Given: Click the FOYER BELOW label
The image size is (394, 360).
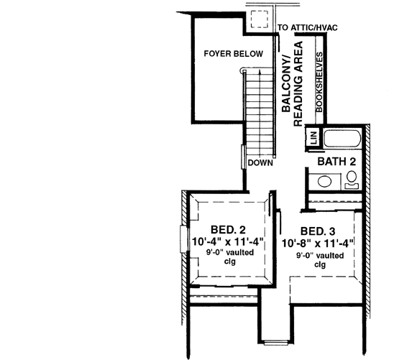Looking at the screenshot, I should [x=233, y=54].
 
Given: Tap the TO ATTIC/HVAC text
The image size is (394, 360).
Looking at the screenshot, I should [x=307, y=28].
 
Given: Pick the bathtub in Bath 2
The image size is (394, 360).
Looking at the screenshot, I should [x=342, y=139].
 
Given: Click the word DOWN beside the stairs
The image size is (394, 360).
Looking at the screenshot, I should [x=260, y=163].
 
